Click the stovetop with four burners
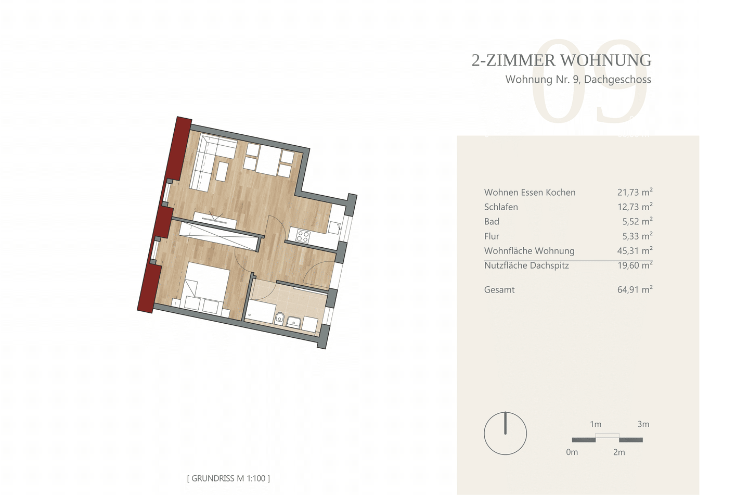[x=303, y=236]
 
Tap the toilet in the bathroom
[x=279, y=319]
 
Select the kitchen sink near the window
[x=334, y=227]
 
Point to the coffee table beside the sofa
[x=222, y=171]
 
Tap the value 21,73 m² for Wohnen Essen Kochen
[x=635, y=192]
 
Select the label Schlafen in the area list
[x=501, y=207]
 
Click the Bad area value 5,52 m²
[x=637, y=221]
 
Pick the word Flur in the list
[x=492, y=236]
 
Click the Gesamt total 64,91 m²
[x=635, y=289]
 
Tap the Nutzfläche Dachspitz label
[x=526, y=265]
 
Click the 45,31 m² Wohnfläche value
[x=635, y=250]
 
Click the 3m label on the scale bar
[x=643, y=424]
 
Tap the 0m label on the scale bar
[x=572, y=452]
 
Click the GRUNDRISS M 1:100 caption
[x=228, y=478]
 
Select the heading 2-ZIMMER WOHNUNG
[x=561, y=60]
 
